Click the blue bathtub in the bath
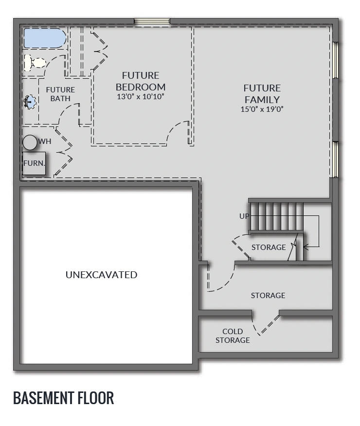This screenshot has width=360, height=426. pos(44,38)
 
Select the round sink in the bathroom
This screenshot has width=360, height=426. pos(30,102)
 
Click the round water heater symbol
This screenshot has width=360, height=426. pos(30,142)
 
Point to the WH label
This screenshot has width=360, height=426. pos(45,142)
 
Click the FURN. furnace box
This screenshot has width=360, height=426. pos(34,163)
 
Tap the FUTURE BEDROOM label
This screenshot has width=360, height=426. pos(141,81)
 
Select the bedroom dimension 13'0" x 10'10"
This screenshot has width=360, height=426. pos(141,96)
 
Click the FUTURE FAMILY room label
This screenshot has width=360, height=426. pos(262,94)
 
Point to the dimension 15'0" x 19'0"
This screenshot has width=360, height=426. pos(262,109)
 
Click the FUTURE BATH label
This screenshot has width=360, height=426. pos(60,94)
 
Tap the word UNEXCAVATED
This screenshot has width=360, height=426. pos(101,275)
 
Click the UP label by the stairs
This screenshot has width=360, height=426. pos(245,216)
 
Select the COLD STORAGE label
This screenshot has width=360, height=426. pos(233,336)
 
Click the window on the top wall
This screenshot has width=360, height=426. pos(152,21)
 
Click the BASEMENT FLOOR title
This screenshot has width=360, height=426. pos(64,398)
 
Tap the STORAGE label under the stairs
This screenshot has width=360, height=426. pos(269,248)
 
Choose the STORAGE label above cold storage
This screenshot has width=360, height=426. pos(268,295)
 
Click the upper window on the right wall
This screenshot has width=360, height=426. pos(335,60)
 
